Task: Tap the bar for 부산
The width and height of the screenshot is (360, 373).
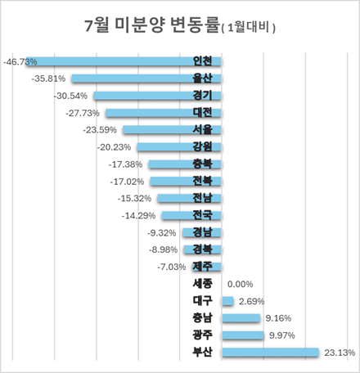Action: [270, 353]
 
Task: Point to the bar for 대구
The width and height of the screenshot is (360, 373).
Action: [227, 301]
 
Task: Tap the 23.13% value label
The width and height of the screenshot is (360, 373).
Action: [339, 353]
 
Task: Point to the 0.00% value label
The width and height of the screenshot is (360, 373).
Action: [240, 284]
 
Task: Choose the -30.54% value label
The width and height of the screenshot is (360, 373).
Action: [70, 96]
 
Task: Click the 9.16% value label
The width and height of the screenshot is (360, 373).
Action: [277, 318]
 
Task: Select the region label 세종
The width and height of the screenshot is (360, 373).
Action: [202, 284]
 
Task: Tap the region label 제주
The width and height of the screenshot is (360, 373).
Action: [202, 267]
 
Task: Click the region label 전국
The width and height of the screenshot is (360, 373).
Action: [202, 215]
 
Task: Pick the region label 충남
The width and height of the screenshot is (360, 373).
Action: [202, 318]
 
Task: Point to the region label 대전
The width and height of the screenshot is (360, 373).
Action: [202, 113]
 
